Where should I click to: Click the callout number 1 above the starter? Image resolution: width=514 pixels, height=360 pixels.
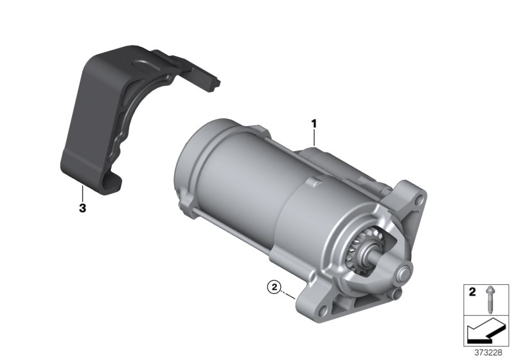pyautogui.click(x=314, y=122)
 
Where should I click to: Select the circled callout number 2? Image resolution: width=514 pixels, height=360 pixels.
pyautogui.click(x=274, y=288)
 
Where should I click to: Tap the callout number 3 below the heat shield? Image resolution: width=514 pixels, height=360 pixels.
pyautogui.click(x=82, y=208)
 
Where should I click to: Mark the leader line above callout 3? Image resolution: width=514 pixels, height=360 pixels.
pyautogui.click(x=82, y=193)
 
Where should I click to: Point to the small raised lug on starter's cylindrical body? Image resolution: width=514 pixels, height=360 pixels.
pyautogui.click(x=314, y=185)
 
